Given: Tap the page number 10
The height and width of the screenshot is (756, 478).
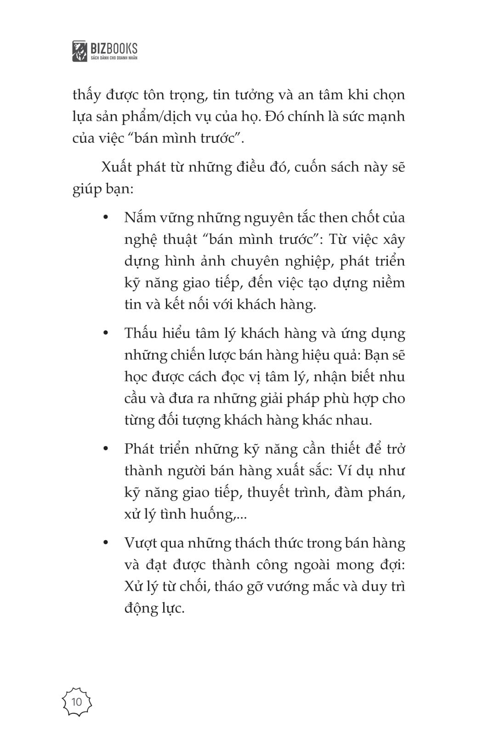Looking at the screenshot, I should tap(77, 702).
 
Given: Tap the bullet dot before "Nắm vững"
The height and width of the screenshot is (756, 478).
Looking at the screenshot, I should tap(106, 217).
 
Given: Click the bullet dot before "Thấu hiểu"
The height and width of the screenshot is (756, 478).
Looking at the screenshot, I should tap(106, 333).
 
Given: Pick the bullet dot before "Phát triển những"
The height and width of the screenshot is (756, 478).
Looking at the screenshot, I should tap(106, 449).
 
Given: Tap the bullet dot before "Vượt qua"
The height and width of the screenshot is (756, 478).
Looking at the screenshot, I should tap(106, 543).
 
